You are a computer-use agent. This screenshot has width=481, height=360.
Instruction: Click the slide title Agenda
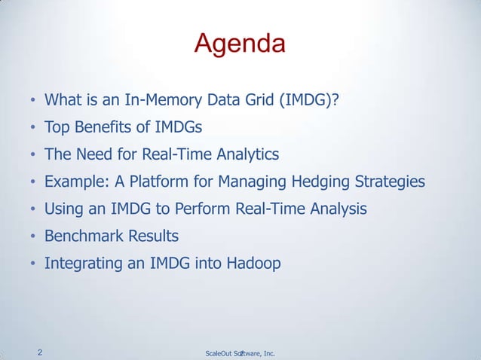240,44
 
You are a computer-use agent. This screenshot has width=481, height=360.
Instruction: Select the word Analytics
245,154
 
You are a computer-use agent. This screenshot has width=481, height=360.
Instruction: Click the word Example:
75,182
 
